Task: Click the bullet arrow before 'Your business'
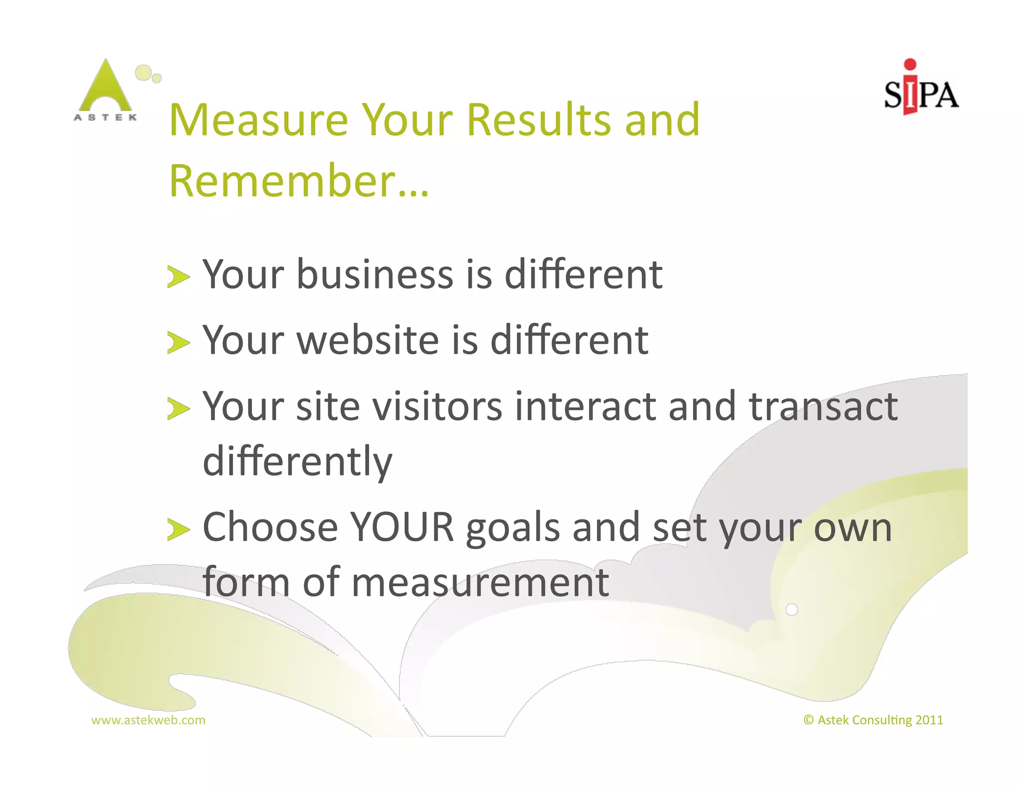[178, 277]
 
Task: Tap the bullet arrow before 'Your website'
[178, 343]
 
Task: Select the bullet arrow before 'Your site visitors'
[178, 409]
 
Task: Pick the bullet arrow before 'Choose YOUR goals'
[178, 529]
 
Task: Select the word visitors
[437, 406]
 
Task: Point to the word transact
[823, 406]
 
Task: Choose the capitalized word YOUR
[402, 527]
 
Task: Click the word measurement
[480, 582]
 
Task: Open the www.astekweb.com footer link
[148, 720]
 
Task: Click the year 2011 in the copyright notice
[929, 720]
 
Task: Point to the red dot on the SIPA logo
[910, 64]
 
